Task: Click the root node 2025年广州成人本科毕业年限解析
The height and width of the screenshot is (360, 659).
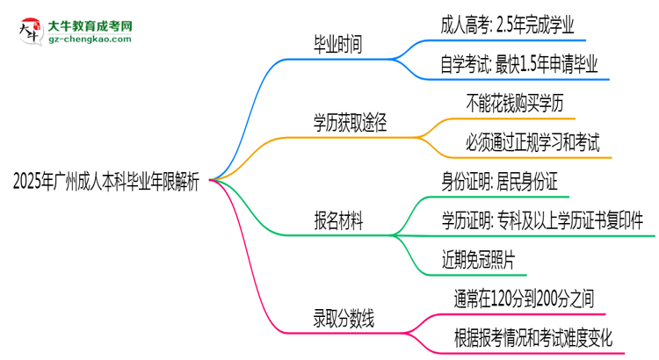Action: point(106,183)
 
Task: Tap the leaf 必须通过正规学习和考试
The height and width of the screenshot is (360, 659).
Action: point(533,143)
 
